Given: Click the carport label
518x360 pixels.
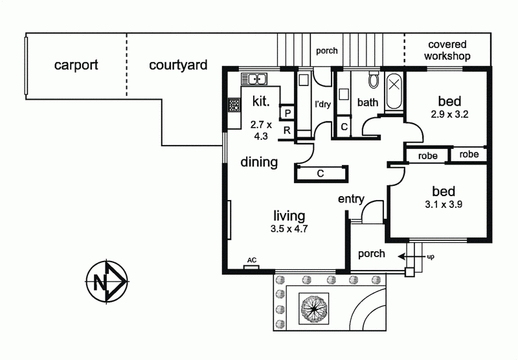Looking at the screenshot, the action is point(76,65).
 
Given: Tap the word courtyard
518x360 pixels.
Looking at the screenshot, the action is point(178,65).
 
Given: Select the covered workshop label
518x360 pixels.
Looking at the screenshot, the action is point(447,51).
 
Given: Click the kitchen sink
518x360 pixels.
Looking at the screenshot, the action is point(254,79).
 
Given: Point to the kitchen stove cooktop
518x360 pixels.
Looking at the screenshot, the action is point(234,105).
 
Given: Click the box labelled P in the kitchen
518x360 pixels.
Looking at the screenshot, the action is point(287,113).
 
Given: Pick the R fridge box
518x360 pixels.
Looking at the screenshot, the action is point(287,130).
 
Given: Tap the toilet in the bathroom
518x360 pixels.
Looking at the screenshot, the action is point(374,79).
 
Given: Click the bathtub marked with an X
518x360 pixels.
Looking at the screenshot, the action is point(394,91).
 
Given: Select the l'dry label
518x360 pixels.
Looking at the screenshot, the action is point(322,104).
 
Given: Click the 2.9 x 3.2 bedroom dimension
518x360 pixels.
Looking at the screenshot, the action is point(449,114).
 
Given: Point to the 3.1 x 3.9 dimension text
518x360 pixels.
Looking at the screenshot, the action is point(444,205).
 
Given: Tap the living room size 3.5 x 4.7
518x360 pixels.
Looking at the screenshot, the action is point(289,229).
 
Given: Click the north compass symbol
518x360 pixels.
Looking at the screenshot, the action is point(107,281).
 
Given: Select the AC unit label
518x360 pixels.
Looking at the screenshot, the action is point(252,260).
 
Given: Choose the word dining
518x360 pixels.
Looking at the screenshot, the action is point(259,162).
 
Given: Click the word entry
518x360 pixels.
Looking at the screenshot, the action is point(351,199).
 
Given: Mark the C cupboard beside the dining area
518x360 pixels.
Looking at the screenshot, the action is point(321,174).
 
